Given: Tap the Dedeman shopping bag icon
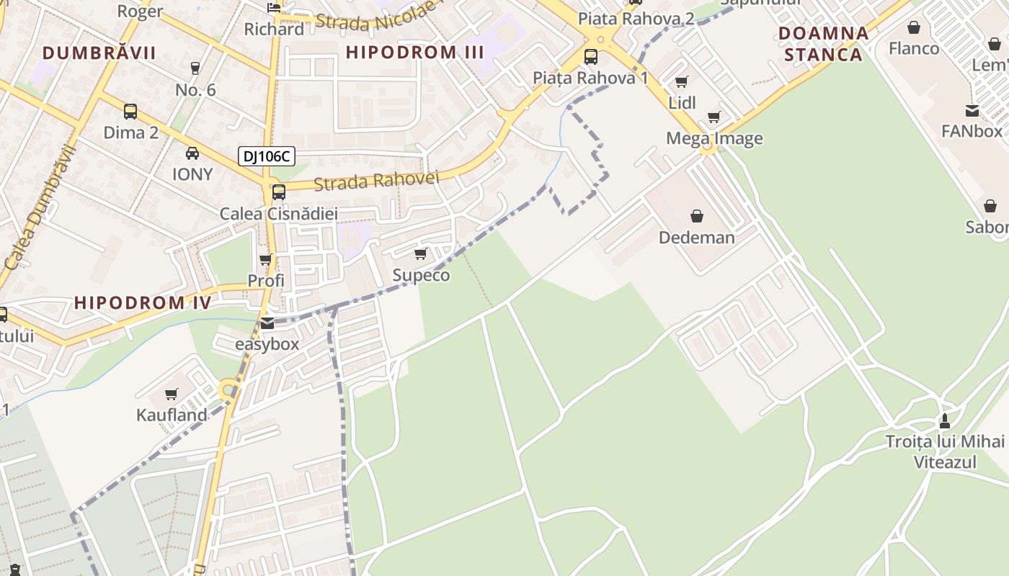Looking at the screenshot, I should (697, 216).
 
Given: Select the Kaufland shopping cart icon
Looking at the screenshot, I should (172, 394).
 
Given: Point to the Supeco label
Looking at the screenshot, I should (421, 275).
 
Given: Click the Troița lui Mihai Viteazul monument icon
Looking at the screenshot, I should (945, 420).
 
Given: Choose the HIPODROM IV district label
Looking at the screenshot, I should (143, 302).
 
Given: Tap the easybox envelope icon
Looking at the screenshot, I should (267, 323).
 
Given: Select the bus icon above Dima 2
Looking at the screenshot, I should (130, 112).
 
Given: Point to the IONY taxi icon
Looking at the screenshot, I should (192, 153).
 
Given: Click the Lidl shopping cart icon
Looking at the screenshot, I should (681, 81).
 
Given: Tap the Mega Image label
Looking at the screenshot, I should (714, 138).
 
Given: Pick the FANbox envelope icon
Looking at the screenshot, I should (972, 110).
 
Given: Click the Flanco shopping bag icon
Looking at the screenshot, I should (914, 28).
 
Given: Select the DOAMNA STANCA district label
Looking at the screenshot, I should (824, 44).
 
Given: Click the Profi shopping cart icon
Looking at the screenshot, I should (265, 260).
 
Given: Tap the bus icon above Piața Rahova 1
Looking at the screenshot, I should (591, 56).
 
